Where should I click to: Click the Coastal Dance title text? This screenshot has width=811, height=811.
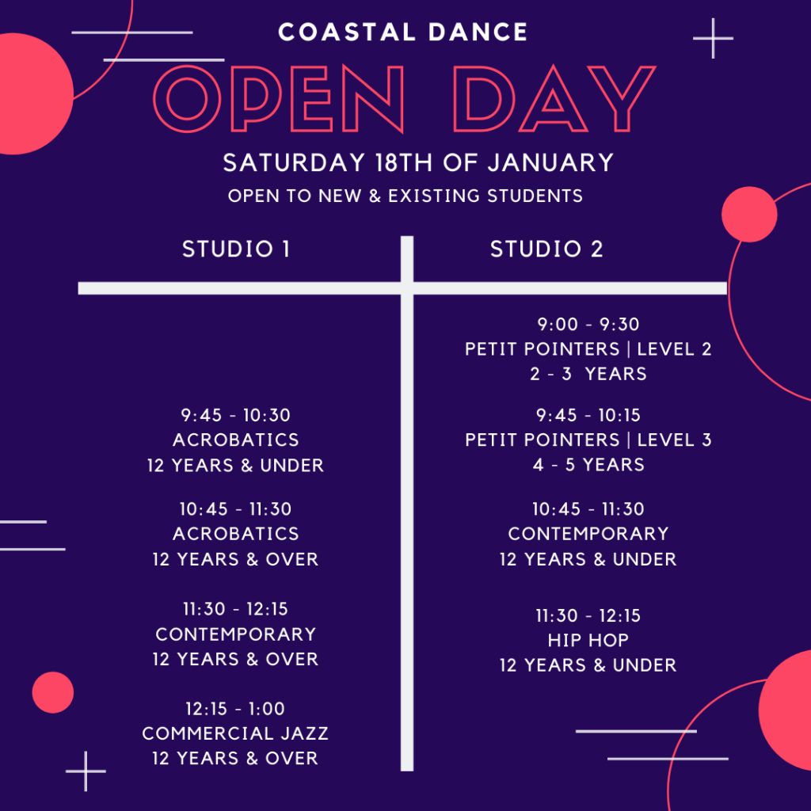402,32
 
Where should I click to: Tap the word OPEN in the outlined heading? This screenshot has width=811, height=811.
278,99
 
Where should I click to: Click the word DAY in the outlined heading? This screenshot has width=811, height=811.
554,99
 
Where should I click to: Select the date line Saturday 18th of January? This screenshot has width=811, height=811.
418,162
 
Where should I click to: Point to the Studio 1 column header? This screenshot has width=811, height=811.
236,249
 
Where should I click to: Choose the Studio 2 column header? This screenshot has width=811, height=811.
546,249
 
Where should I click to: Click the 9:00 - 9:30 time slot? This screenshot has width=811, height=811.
588,324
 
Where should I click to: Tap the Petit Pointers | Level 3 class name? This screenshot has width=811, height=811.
588,440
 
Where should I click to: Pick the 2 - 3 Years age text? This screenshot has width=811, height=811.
588,374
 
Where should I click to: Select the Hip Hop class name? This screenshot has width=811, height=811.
588,640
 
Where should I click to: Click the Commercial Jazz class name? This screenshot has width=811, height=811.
235,733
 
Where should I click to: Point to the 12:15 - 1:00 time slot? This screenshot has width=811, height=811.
235,709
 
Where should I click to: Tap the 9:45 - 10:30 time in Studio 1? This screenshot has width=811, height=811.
235,415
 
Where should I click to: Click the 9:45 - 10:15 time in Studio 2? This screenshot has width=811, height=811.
588,415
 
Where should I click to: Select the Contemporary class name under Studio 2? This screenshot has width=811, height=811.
588,533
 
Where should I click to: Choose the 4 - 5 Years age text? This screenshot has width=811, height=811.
588,464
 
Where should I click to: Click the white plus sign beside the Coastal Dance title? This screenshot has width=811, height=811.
714,38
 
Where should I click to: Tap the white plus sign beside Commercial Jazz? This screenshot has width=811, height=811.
86,771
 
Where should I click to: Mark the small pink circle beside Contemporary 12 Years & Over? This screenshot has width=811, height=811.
53,692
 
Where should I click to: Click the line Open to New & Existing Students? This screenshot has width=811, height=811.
405,196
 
